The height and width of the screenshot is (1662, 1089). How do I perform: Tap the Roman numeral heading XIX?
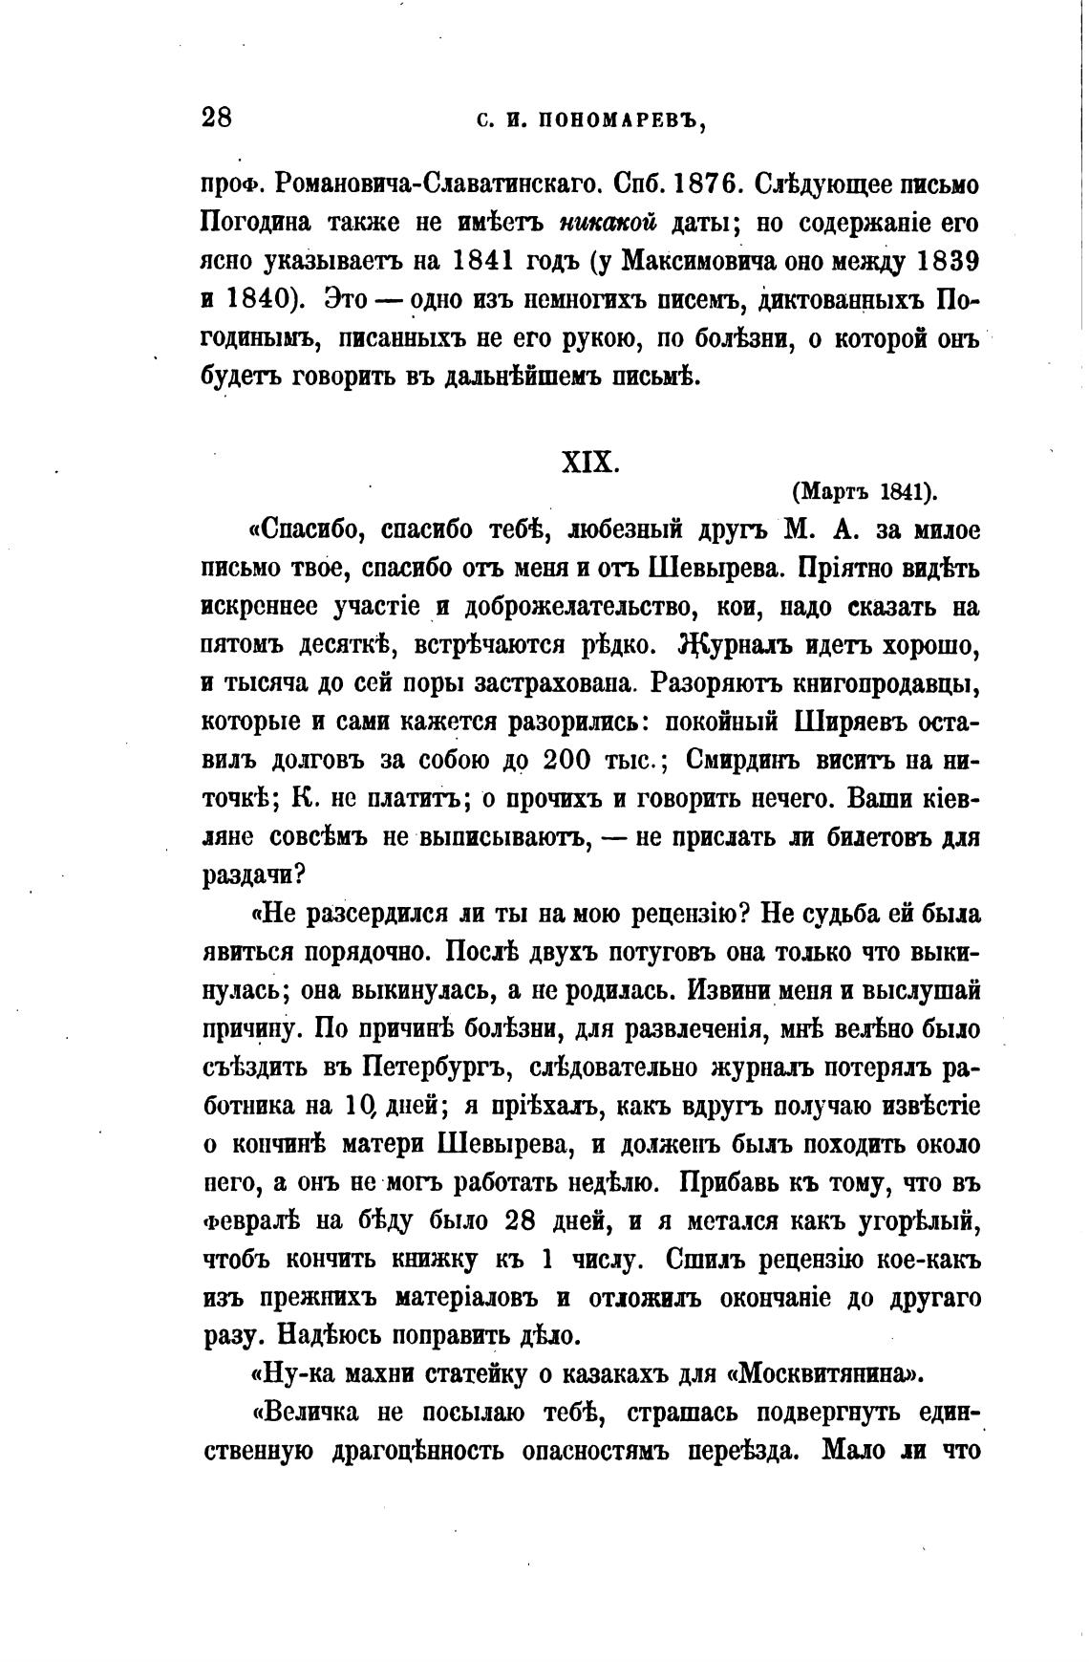[589, 463]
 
